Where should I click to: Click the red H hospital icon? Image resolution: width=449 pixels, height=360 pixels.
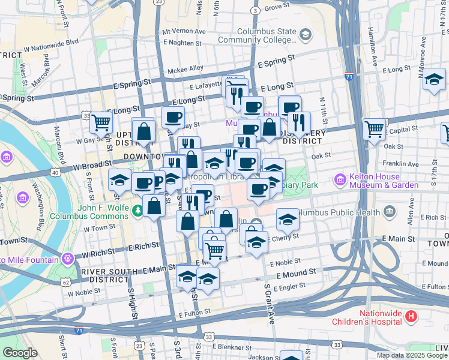coord(411,316)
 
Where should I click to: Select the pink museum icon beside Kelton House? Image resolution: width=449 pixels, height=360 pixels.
coord(340,180)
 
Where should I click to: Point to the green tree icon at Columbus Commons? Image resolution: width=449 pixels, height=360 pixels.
coord(139,210)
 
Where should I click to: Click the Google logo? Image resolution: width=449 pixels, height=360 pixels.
coord(20,353)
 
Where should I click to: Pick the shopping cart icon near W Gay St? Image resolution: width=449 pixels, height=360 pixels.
coord(101,123)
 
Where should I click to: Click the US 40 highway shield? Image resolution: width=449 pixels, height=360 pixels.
coord(55,173)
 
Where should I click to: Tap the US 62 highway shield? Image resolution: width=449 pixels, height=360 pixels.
coord(66,281)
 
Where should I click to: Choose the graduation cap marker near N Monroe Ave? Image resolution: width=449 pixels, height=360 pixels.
coord(434,79)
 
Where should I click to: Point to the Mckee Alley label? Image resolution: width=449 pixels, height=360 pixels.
coord(185,70)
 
